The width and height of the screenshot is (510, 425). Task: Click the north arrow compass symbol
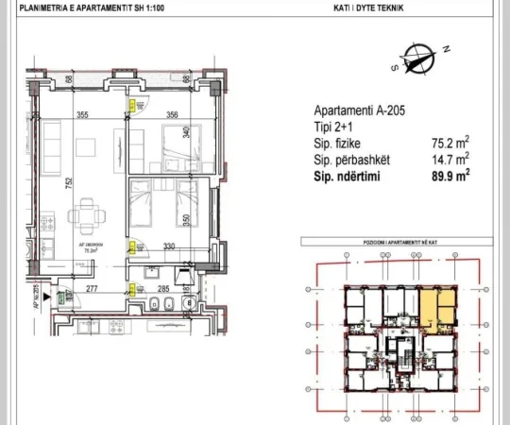point(416,59)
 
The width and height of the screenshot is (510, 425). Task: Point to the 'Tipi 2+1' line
point(331,129)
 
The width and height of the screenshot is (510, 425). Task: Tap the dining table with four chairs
point(86,215)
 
